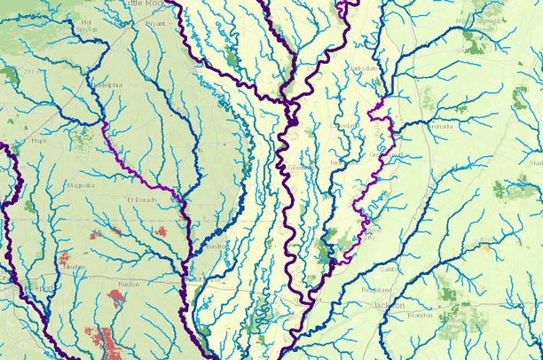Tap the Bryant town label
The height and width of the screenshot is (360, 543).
click(x=155, y=25)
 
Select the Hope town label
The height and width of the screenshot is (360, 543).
click(x=38, y=140)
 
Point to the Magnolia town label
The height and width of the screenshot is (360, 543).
click(x=81, y=186)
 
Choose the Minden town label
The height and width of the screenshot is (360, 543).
click(x=75, y=266)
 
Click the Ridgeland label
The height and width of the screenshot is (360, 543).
click(x=375, y=290)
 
